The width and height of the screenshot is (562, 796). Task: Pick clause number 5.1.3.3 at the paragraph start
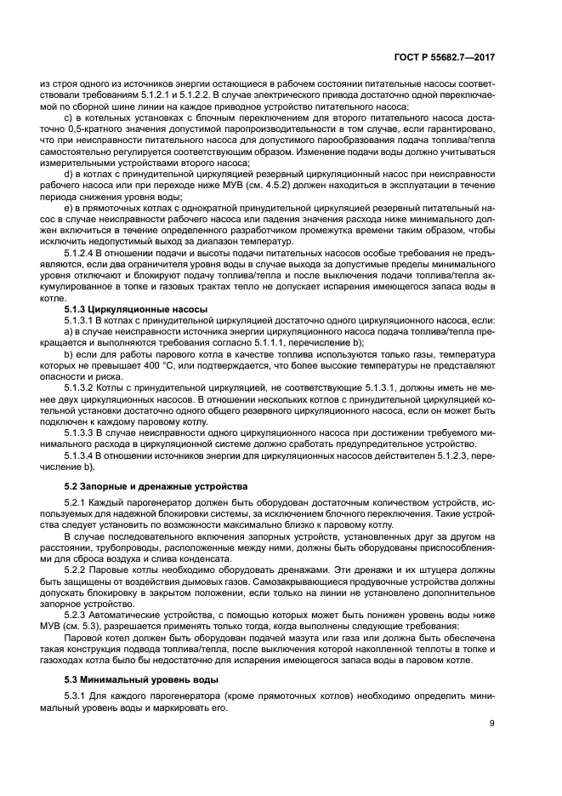point(82,432)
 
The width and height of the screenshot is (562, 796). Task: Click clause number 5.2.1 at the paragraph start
point(77,504)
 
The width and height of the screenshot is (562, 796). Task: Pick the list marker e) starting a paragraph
point(69,207)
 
